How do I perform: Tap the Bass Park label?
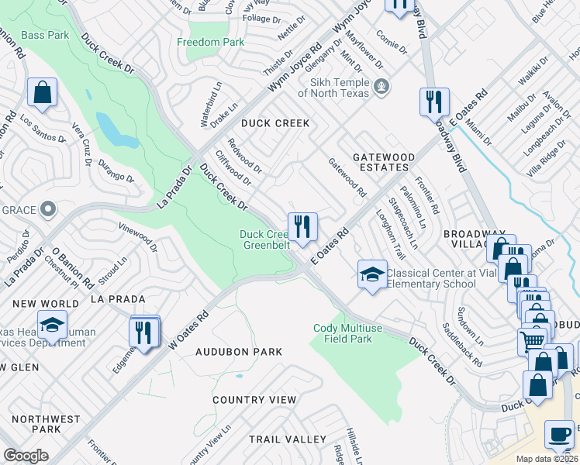coord(45,35)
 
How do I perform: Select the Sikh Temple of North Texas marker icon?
coord(380,85)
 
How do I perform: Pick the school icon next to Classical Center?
coord(372,274)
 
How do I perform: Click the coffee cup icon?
coord(559,435)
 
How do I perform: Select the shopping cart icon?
coord(532,340)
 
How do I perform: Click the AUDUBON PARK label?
coord(238,352)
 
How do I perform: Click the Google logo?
coord(26,456)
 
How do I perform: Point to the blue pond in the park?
coord(117,131)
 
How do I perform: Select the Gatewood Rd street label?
coord(347,177)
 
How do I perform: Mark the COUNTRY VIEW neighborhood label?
coord(254,400)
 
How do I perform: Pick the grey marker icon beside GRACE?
coord(48,208)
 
